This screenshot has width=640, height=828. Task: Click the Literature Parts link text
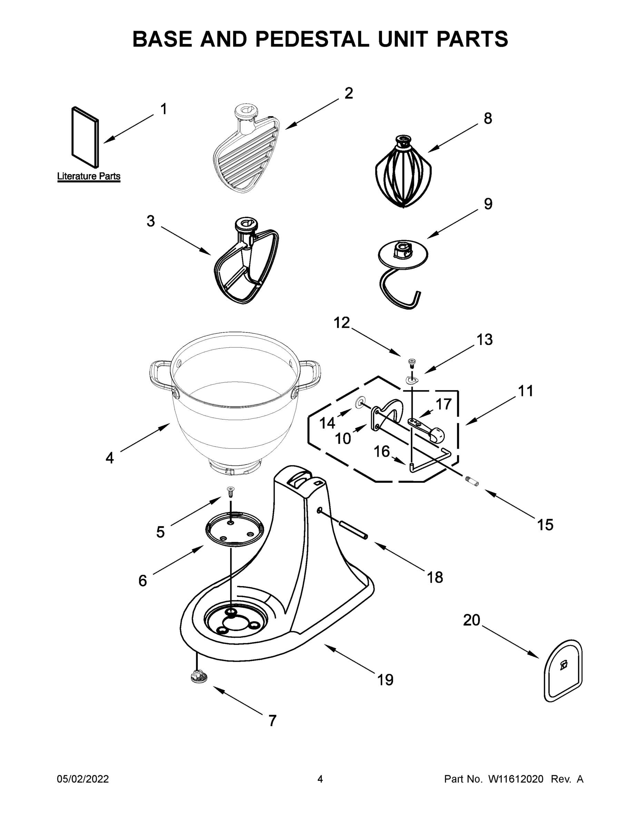click(89, 176)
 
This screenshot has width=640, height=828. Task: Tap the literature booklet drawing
click(85, 137)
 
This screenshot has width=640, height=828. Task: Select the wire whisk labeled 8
click(403, 174)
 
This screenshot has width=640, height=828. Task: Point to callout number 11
click(525, 391)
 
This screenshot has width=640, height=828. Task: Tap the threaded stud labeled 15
click(472, 482)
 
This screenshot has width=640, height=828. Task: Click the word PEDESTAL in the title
click(312, 39)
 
